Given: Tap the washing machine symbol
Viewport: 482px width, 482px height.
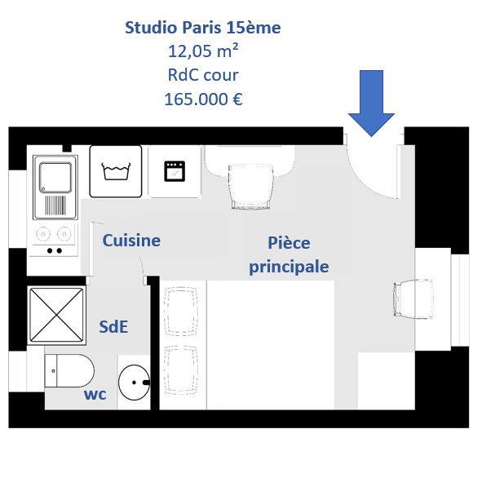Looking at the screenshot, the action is click(116, 171).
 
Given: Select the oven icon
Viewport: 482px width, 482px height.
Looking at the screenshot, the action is click(175, 171).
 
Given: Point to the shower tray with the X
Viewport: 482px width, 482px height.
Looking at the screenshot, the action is click(56, 315).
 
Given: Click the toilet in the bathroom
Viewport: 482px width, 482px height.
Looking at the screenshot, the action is click(69, 370).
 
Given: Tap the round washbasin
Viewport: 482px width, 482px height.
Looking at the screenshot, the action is click(134, 383).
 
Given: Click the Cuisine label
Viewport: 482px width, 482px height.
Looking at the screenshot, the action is click(131, 241).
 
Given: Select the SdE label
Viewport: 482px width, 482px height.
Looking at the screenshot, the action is click(113, 326).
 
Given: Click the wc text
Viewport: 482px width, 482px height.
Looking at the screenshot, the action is click(95, 395).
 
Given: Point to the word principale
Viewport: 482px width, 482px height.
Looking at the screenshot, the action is click(289, 267).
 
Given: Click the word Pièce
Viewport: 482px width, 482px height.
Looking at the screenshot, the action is click(289, 242).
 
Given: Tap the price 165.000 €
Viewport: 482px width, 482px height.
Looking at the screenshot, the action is click(203, 99).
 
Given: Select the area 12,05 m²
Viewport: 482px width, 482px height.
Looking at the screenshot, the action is click(203, 51).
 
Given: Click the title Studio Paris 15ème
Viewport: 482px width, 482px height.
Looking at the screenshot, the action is click(203, 28).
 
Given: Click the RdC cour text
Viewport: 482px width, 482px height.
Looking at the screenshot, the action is click(203, 75).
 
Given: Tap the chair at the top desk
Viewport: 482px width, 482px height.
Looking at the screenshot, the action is click(251, 187).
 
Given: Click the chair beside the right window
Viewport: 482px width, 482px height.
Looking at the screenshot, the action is click(413, 298).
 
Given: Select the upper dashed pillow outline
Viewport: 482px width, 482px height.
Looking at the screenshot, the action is click(181, 311).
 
